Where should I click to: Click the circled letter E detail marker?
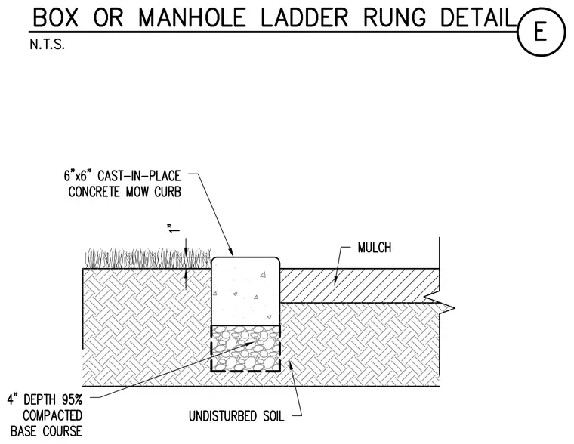pyautogui.click(x=541, y=32)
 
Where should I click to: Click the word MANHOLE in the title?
pyautogui.click(x=192, y=17)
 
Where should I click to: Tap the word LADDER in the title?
pyautogui.click(x=304, y=17)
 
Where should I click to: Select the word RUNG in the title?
pyautogui.click(x=395, y=17)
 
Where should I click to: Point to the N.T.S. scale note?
pyautogui.click(x=48, y=45)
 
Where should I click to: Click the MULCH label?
pyautogui.click(x=375, y=248)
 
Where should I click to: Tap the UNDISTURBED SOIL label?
pyautogui.click(x=236, y=416)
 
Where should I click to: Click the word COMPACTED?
pyautogui.click(x=52, y=415)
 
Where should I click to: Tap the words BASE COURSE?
pyautogui.click(x=46, y=431)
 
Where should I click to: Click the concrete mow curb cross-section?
pyautogui.click(x=245, y=291)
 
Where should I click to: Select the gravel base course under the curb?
pyautogui.click(x=245, y=348)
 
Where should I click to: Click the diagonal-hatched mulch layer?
pyautogui.click(x=359, y=285)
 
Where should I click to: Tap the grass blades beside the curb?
pyautogui.click(x=148, y=258)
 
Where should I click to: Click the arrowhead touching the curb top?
pyautogui.click(x=231, y=252)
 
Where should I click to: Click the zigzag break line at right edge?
pyautogui.click(x=439, y=303)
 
